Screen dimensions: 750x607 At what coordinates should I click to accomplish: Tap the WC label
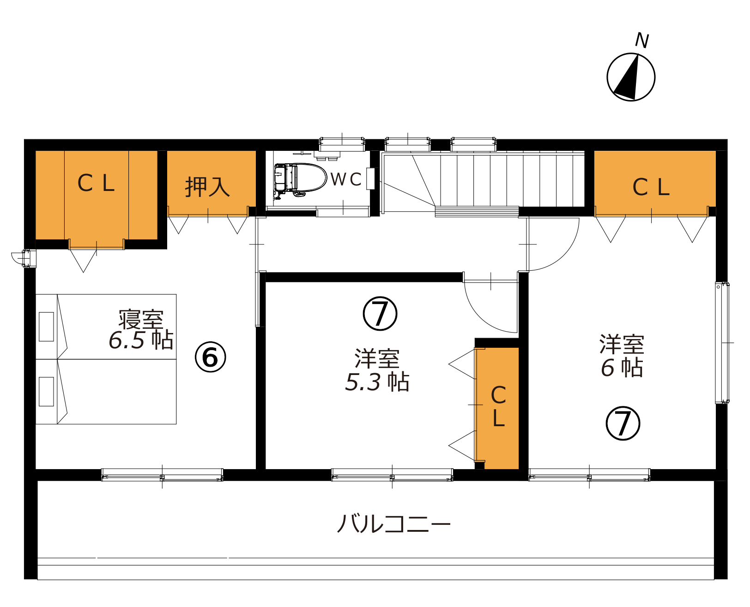346,179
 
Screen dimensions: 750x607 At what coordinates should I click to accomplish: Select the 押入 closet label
207,186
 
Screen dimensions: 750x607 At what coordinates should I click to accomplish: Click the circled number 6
210,357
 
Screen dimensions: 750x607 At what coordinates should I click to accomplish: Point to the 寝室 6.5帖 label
141,329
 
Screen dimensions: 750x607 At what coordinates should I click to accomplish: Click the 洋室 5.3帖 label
377,369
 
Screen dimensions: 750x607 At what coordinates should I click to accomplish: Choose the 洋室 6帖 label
622,356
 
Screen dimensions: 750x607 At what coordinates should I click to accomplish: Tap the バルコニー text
393,524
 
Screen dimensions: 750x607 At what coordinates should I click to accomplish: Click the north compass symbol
631,77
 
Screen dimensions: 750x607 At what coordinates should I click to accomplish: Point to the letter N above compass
642,41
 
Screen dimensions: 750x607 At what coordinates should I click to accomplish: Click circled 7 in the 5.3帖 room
380,313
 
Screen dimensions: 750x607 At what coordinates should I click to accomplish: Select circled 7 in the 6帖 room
623,423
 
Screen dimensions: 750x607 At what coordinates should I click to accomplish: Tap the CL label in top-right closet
651,187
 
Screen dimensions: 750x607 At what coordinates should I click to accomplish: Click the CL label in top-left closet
96,183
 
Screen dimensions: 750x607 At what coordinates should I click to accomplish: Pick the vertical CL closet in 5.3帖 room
497,408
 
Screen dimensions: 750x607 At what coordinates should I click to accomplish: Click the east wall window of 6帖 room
722,343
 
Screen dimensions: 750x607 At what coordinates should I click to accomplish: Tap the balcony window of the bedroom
162,475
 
